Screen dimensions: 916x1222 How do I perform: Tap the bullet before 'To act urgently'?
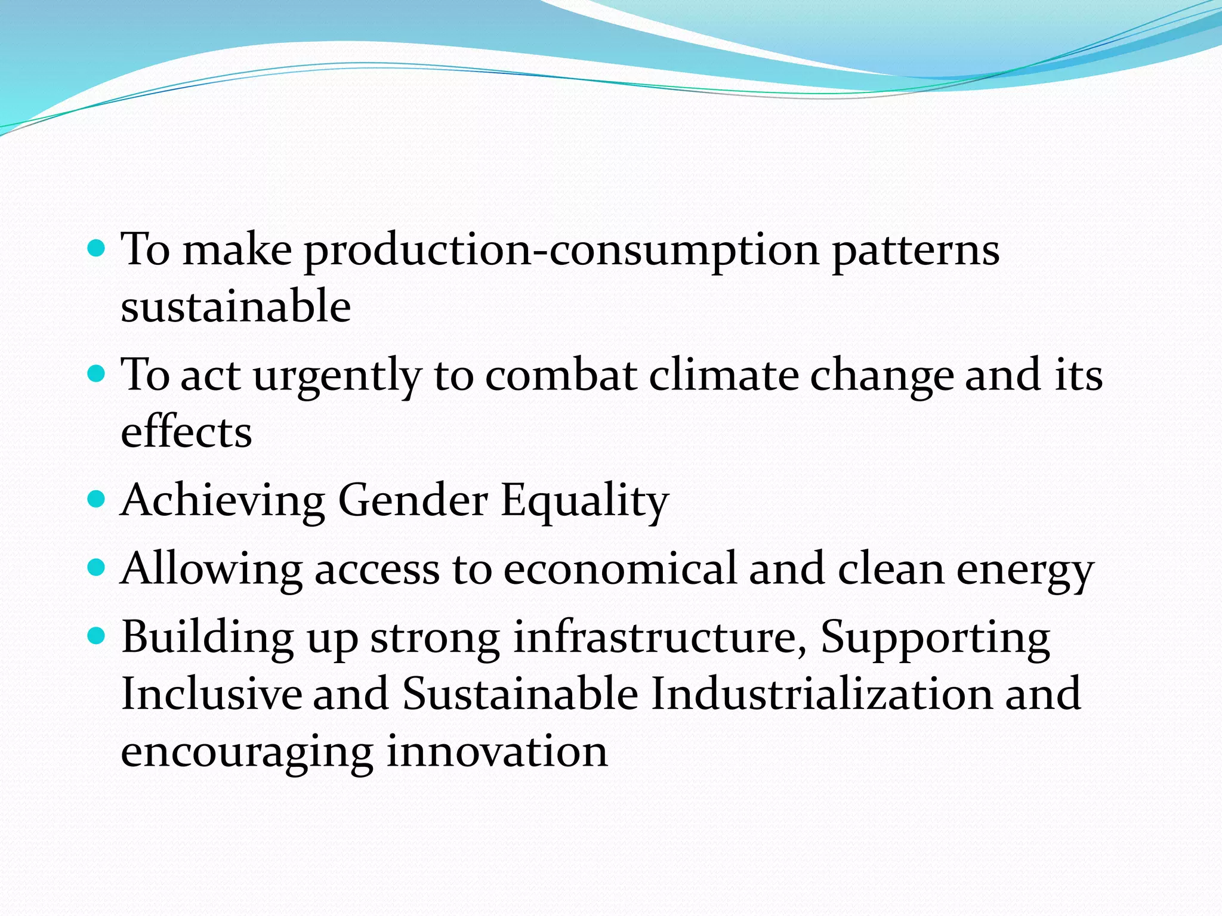pyautogui.click(x=96, y=374)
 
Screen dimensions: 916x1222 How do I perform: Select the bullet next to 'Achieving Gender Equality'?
pyautogui.click(x=96, y=498)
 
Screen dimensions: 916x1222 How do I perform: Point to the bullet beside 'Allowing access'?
pyautogui.click(x=96, y=567)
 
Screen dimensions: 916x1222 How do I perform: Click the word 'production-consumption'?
pyautogui.click(x=561, y=250)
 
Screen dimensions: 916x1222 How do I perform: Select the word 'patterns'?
pyautogui.click(x=916, y=250)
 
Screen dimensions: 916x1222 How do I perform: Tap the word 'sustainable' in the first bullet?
pyautogui.click(x=236, y=305)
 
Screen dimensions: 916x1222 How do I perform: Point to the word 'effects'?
pyautogui.click(x=186, y=432)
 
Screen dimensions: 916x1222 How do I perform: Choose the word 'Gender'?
pyautogui.click(x=413, y=500)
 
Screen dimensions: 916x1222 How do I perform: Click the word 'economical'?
pyautogui.click(x=620, y=568)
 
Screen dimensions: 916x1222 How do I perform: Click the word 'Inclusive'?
pyautogui.click(x=212, y=693)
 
